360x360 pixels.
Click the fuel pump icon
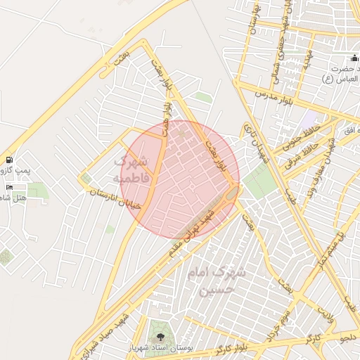[8, 160]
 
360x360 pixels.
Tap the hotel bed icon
[8, 186]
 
